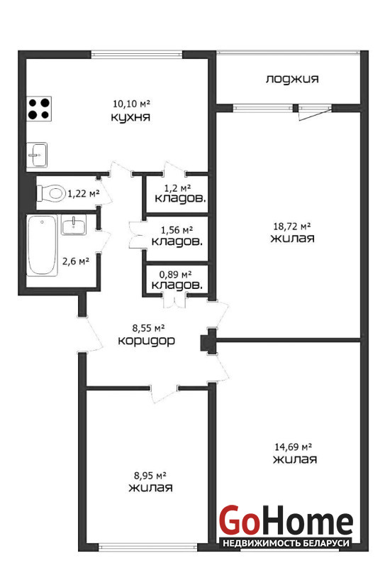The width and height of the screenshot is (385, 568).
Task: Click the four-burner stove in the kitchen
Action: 40,109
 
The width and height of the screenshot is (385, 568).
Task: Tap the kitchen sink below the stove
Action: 37,155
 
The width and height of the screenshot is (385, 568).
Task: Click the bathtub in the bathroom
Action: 42,246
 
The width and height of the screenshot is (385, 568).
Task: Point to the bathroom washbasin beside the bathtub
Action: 74,225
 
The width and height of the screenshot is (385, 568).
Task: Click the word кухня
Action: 130,117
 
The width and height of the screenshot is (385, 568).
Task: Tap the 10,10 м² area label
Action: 131,104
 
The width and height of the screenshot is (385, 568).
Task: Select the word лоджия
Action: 292,79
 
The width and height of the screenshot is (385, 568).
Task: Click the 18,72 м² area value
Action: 292,226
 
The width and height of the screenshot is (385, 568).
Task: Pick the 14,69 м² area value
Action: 294,447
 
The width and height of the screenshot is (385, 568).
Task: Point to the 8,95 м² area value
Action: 150,475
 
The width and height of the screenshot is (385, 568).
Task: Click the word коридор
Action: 147,341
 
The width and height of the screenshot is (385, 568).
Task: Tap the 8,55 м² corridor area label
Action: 148,328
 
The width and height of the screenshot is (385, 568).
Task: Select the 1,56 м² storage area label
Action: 177,229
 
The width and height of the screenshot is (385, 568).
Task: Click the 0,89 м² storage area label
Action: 176,275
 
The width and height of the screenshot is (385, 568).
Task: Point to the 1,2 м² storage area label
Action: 178,188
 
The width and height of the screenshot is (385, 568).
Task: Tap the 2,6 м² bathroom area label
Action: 76,261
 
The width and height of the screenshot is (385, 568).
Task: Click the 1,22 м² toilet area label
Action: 84,194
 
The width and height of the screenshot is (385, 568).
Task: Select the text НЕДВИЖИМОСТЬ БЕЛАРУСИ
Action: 286,543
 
